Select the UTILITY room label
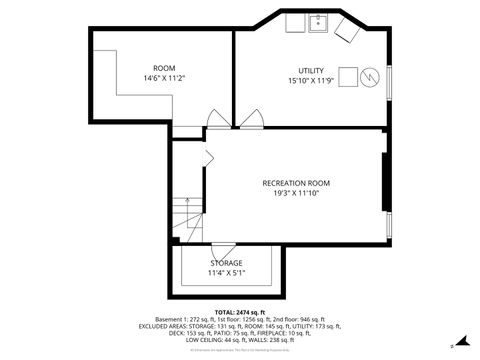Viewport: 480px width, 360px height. click(x=312, y=70)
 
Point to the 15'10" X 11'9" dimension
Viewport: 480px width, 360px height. click(x=312, y=80)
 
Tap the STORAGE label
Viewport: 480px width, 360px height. click(x=226, y=263)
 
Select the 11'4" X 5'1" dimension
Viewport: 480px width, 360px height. click(x=226, y=273)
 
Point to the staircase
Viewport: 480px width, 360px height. click(x=183, y=214)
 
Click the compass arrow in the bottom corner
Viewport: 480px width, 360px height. click(x=452, y=346)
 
